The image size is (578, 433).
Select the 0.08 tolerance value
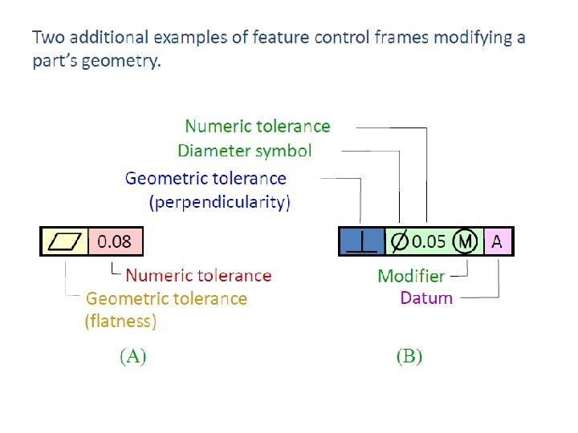pyautogui.click(x=114, y=241)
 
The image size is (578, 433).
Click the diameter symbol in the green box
pyautogui.click(x=397, y=241)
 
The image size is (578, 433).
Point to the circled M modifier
pyautogui.click(x=465, y=241)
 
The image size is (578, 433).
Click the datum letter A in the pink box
pyautogui.click(x=497, y=241)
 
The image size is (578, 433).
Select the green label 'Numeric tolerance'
pyautogui.click(x=257, y=126)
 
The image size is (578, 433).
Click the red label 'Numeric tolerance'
pyautogui.click(x=198, y=276)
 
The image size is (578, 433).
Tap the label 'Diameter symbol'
pyautogui.click(x=244, y=151)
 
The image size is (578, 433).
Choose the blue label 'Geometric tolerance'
pyautogui.click(x=206, y=178)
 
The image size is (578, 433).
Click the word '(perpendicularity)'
pyautogui.click(x=220, y=202)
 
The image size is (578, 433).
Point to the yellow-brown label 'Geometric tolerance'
pyautogui.click(x=166, y=299)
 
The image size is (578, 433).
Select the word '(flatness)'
pyautogui.click(x=120, y=322)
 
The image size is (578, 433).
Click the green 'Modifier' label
pyautogui.click(x=410, y=276)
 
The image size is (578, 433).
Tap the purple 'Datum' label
pyautogui.click(x=426, y=298)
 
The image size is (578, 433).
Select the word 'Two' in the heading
pyautogui.click(x=46, y=37)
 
